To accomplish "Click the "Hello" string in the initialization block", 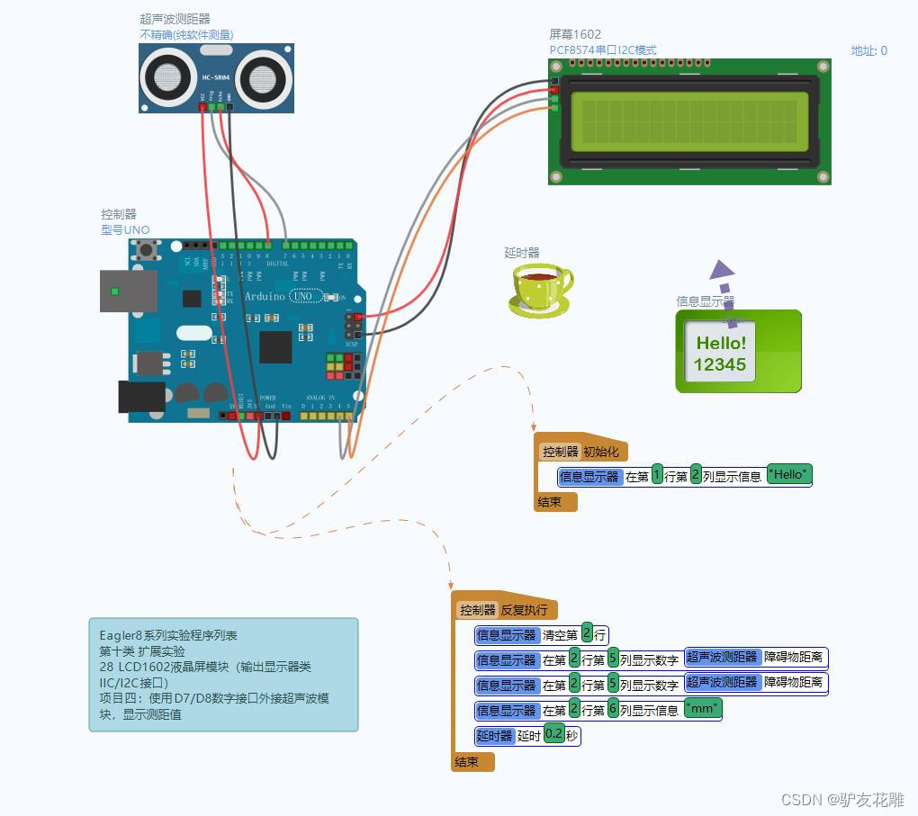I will (789, 475).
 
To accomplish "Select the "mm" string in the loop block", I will (703, 710).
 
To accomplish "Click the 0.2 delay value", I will (554, 735).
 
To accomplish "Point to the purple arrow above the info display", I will (721, 270).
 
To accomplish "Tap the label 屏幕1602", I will (575, 34).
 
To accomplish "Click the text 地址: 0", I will (868, 50).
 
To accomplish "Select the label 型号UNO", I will (125, 229).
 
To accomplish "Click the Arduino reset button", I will (146, 248).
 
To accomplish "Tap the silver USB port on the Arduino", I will (128, 291).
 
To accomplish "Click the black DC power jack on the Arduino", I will (141, 397).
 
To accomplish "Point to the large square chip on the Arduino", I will (275, 347).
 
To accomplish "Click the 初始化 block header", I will (600, 452).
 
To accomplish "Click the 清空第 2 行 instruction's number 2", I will (587, 633).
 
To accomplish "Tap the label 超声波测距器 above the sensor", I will (175, 19).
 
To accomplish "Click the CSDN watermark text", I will (842, 799).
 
